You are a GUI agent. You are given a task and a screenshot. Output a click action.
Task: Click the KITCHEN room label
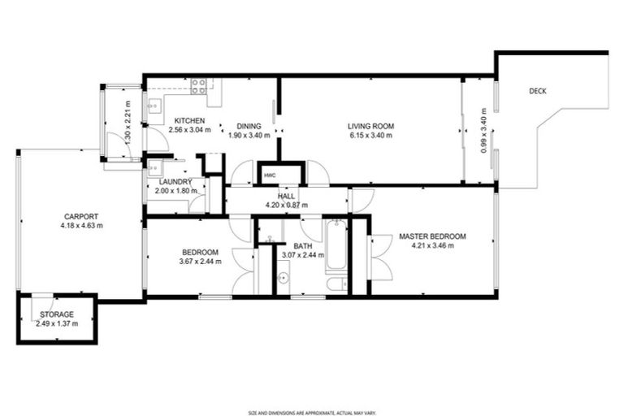189,121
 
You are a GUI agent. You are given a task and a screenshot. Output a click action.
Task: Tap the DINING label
248,126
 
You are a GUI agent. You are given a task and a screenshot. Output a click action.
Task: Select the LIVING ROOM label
370,126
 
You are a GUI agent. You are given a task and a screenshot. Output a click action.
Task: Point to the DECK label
537,91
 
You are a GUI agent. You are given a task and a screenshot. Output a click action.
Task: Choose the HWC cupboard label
269,175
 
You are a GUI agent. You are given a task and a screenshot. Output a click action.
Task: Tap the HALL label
286,197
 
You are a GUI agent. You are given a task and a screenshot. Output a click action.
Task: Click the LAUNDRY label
175,181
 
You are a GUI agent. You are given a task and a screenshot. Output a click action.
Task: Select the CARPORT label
81,216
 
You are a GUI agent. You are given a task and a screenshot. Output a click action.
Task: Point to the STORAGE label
57,314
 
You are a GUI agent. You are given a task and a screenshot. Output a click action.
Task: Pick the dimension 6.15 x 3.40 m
370,136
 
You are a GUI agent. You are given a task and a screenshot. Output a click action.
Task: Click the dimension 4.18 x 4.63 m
81,226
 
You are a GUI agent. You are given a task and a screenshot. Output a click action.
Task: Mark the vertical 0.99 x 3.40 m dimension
483,135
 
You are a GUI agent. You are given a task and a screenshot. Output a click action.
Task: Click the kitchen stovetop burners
199,84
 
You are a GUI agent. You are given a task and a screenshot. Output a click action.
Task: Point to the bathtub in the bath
336,245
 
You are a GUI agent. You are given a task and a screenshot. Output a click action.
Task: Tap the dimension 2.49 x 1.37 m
57,323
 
